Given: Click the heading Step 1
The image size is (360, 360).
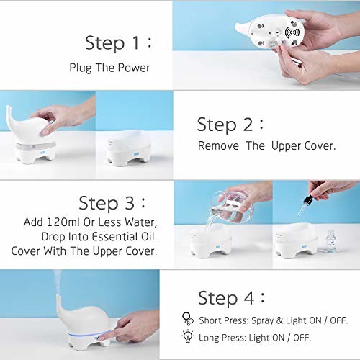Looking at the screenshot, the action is pyautogui.click(x=119, y=43).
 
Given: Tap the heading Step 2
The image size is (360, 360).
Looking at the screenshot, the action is pyautogui.click(x=230, y=125).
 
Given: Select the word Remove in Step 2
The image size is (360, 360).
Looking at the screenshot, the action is pyautogui.click(x=218, y=145).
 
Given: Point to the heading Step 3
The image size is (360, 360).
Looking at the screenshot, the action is pyautogui.click(x=112, y=203).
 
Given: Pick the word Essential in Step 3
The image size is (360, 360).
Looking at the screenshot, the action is pyautogui.click(x=115, y=237).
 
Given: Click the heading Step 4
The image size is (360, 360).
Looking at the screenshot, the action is pyautogui.click(x=231, y=298).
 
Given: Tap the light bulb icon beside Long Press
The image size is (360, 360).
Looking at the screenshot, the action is pyautogui.click(x=188, y=336).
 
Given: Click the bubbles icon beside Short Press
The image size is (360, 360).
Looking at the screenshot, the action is pyautogui.click(x=188, y=319).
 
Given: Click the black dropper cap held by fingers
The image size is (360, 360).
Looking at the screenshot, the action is pyautogui.click(x=309, y=199).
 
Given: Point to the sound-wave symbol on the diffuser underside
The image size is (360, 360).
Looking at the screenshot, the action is pyautogui.click(x=292, y=32).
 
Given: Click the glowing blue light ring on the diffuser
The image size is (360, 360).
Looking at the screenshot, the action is pyautogui.click(x=89, y=334).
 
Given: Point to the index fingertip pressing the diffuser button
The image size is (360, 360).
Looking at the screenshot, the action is pyautogui.click(x=101, y=338).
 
